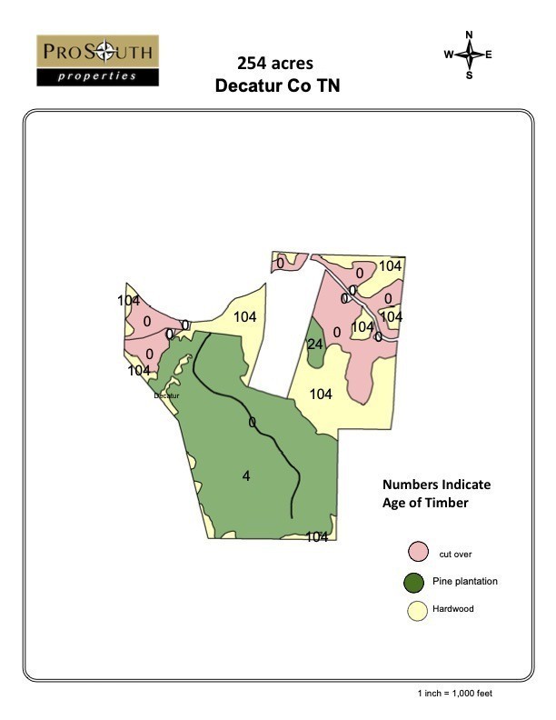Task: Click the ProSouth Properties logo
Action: (x=97, y=60)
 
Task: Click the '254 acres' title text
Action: (x=275, y=64)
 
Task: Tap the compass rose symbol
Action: (x=470, y=55)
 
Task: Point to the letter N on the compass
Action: (x=470, y=35)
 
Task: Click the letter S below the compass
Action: (x=470, y=75)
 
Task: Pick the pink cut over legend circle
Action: (x=417, y=552)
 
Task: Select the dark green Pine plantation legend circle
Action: (x=417, y=582)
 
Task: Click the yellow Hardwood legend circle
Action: (x=417, y=611)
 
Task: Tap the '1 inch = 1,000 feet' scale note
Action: (x=455, y=694)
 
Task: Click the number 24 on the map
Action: (x=315, y=345)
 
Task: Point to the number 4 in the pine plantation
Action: (x=245, y=475)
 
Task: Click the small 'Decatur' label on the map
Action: (x=167, y=396)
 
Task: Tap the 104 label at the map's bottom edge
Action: (x=316, y=536)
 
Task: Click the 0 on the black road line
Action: (x=252, y=422)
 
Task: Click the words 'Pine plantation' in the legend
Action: (x=465, y=582)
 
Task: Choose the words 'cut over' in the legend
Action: (x=455, y=554)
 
